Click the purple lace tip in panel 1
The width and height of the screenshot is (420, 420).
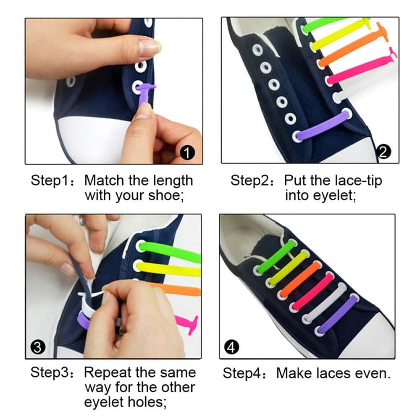pyautogui.click(x=144, y=96)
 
